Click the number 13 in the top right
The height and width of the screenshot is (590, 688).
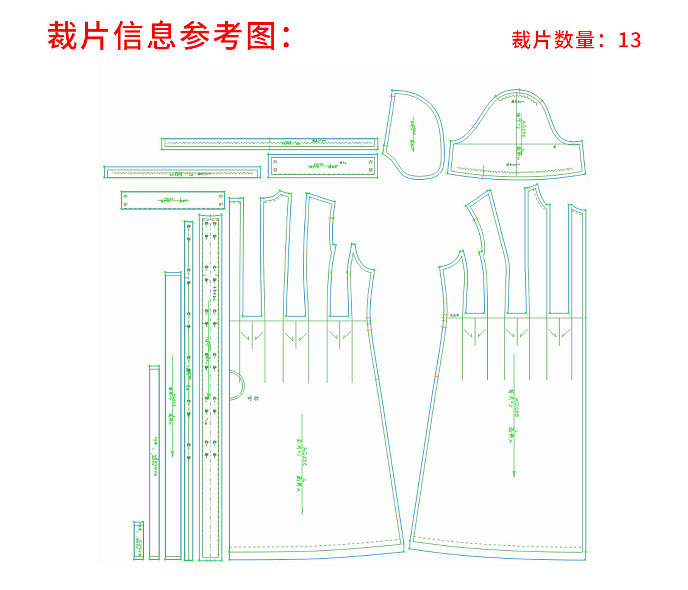(x=629, y=40)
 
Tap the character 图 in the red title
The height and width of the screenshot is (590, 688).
(x=261, y=36)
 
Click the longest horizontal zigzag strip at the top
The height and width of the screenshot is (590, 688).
(x=270, y=144)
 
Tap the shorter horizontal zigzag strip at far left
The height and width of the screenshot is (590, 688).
(x=183, y=172)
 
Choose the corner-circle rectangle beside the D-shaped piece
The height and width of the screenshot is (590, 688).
(x=323, y=166)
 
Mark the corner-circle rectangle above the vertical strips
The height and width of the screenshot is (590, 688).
(x=173, y=200)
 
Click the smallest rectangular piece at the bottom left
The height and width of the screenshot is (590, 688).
(x=138, y=540)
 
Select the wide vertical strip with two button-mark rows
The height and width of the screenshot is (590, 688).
(x=211, y=388)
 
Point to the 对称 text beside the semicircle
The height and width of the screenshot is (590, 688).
(x=253, y=399)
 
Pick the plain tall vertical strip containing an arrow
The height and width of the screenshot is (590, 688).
(x=173, y=415)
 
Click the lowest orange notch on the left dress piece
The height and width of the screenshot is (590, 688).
(x=377, y=379)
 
